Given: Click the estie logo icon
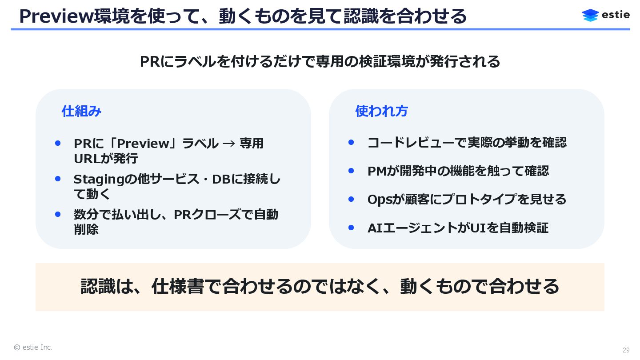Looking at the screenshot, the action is click(590, 15).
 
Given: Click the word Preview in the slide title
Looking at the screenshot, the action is click(56, 16).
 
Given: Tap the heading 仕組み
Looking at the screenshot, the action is click(81, 111).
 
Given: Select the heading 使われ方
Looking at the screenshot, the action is click(381, 111).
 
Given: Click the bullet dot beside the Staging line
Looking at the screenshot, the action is click(58, 179).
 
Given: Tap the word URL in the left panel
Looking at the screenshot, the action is click(86, 159).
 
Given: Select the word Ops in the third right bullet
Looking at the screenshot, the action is click(379, 200).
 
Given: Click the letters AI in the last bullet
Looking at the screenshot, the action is click(375, 228).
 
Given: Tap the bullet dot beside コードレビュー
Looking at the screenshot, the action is click(351, 142).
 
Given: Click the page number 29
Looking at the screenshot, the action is click(626, 350).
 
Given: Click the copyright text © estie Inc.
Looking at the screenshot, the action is click(33, 347).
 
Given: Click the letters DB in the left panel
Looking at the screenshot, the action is click(221, 180).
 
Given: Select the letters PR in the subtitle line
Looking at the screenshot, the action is click(150, 62).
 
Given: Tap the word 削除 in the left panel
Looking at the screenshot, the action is click(86, 229).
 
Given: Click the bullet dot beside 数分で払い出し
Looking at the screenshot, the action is click(58, 214).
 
